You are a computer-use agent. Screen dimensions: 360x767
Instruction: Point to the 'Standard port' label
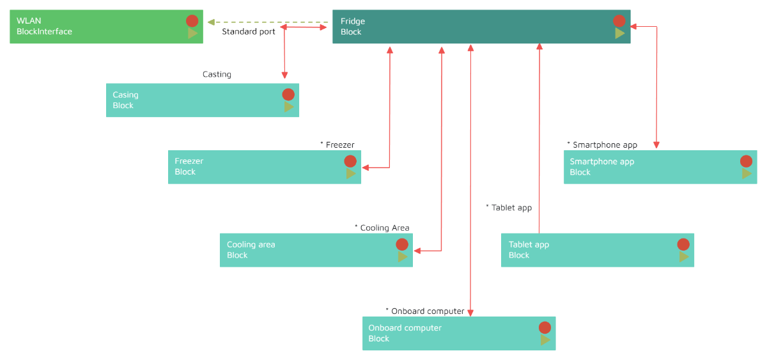tap(249, 31)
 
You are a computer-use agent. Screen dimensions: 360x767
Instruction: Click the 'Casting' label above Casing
tap(217, 74)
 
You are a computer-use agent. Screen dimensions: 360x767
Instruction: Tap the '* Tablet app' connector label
tap(509, 208)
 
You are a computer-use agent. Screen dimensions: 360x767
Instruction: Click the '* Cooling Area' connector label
tap(382, 228)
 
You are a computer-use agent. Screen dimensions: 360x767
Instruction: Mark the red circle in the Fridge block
tap(619, 20)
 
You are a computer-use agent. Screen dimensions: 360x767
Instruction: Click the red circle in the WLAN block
tap(192, 20)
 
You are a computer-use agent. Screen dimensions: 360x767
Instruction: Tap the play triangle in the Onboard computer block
tap(545, 340)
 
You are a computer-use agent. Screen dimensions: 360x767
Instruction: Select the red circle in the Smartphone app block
tap(746, 161)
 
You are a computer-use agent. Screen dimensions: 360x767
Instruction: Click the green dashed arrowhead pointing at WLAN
tap(210, 22)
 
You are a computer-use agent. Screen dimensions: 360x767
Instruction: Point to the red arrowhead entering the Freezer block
tap(366, 168)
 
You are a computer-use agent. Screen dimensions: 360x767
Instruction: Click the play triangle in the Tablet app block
tap(684, 256)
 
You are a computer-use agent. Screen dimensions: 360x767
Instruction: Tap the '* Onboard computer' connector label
tap(425, 311)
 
